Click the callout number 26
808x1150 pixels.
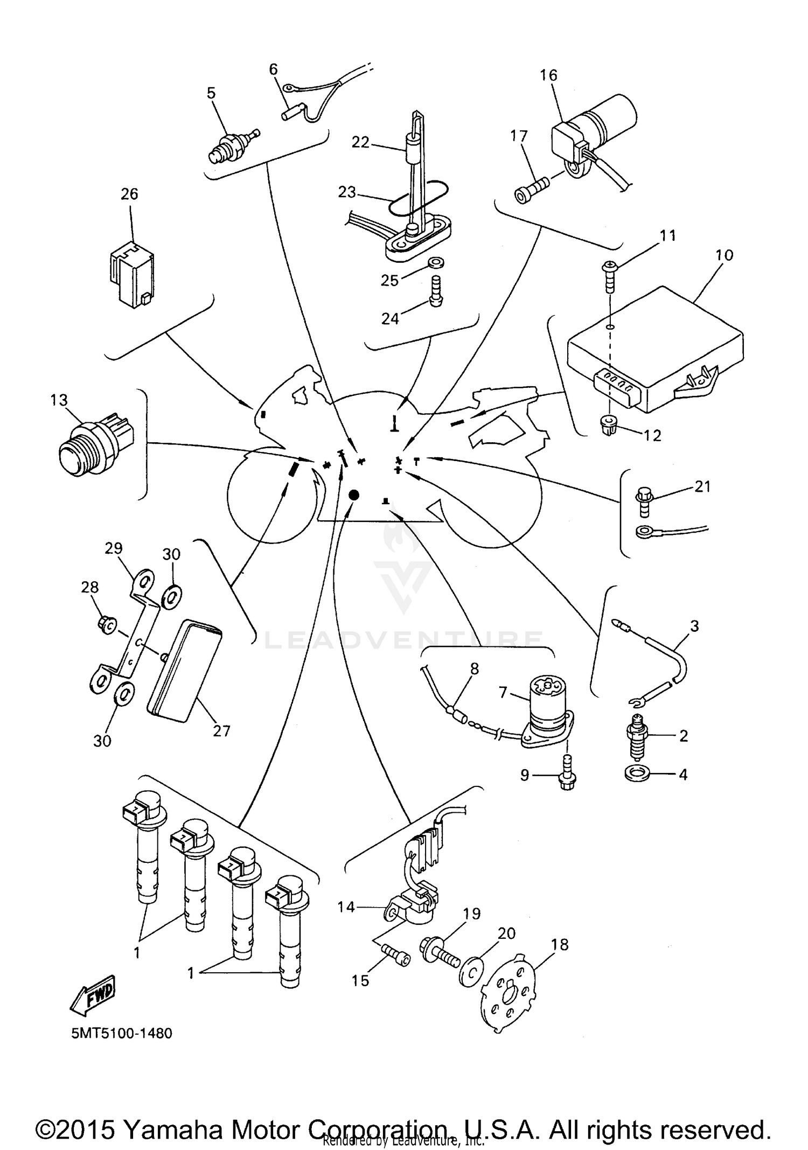coord(129,194)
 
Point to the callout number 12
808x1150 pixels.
coord(652,435)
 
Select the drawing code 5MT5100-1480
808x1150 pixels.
coord(122,1034)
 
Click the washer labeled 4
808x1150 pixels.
coord(637,775)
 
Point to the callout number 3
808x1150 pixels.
coord(694,626)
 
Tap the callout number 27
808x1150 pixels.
coord(221,731)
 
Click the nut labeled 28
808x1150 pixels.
coord(106,625)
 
